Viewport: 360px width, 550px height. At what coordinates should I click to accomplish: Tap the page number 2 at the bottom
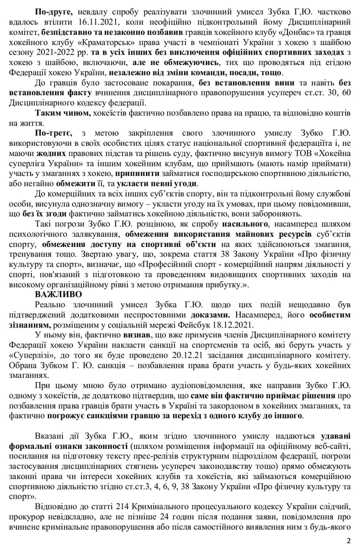[x=349, y=541]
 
